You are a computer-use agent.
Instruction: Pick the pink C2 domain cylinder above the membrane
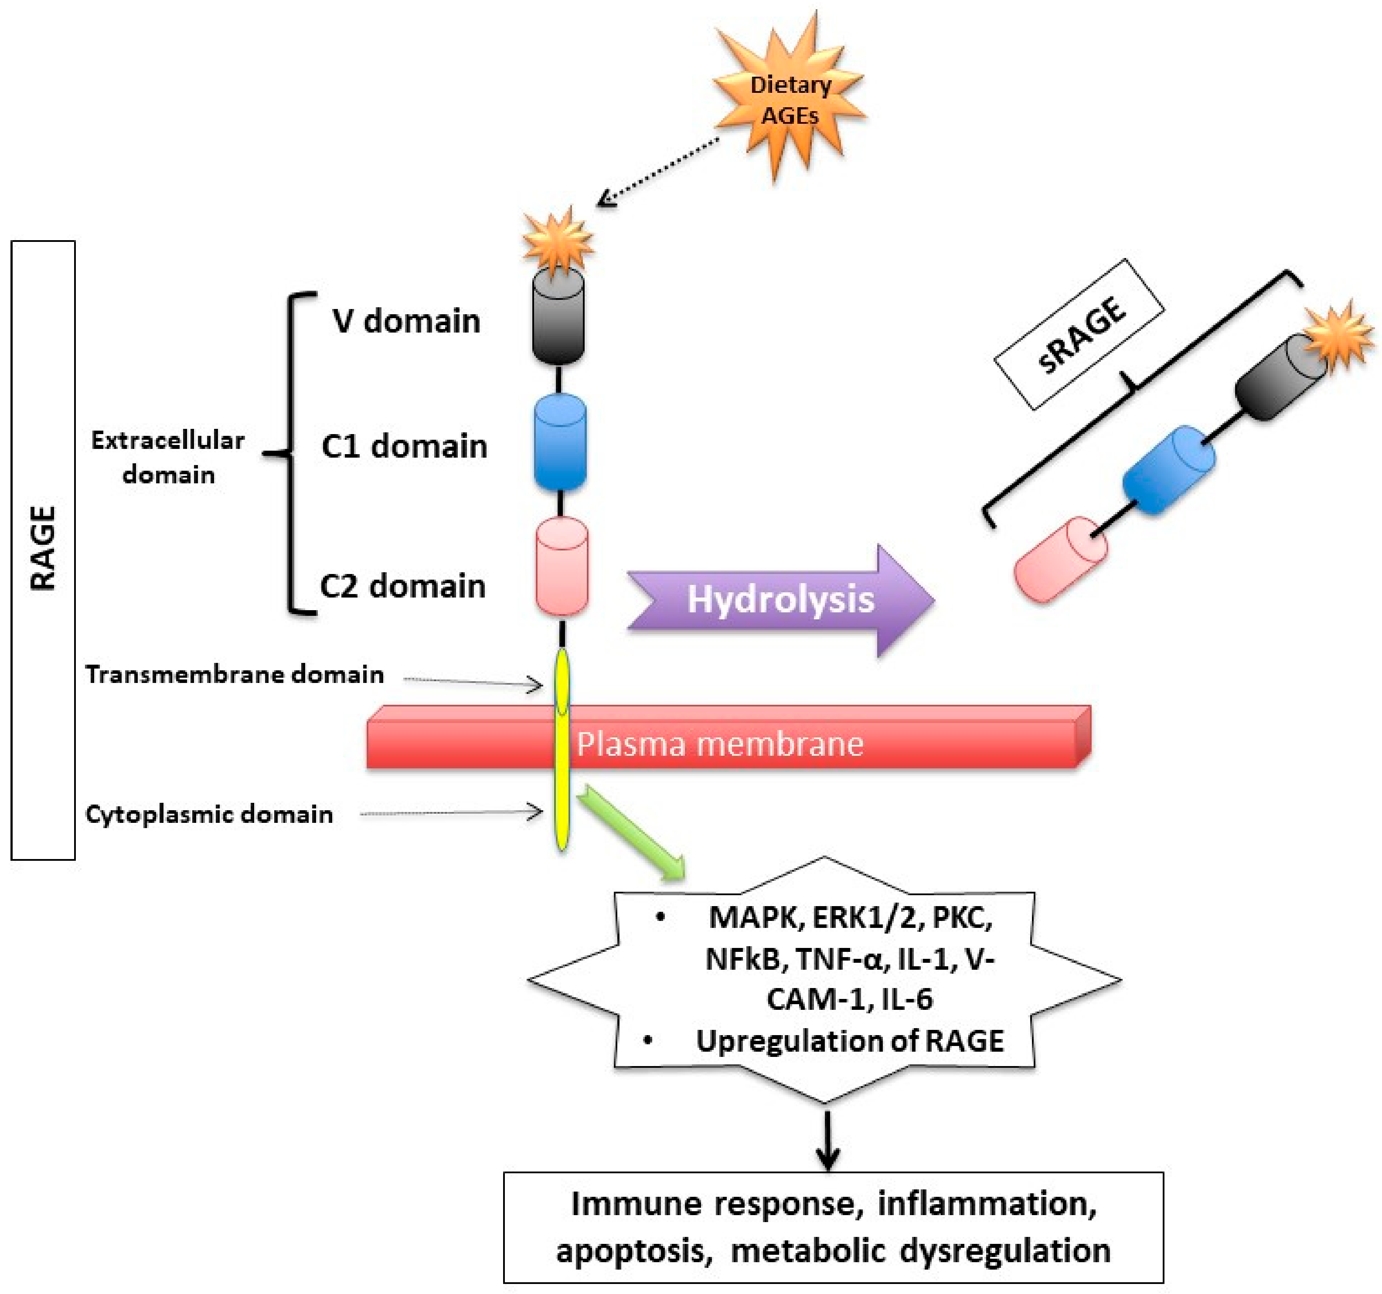[562, 567]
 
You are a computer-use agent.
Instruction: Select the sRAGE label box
[1079, 333]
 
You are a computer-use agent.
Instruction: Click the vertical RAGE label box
[43, 549]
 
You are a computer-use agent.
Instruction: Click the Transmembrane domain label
[234, 674]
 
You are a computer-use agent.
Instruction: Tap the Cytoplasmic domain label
[208, 814]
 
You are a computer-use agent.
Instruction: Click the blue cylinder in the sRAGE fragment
[1169, 470]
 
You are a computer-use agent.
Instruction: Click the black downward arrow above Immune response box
[827, 1140]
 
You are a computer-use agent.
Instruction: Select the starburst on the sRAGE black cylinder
[1336, 336]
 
